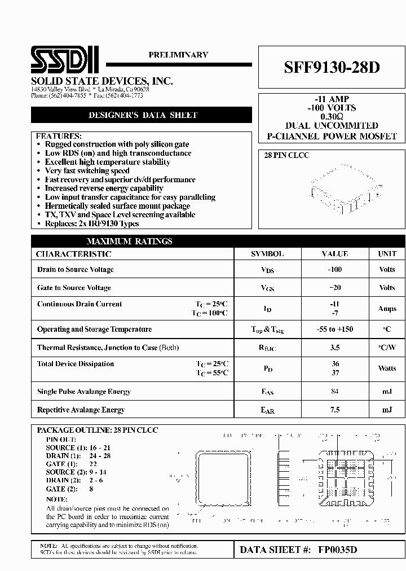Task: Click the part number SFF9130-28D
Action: coord(332,67)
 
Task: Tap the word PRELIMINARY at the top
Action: coord(178,55)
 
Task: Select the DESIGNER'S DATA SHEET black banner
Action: coord(143,115)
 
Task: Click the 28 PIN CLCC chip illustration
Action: coord(347,187)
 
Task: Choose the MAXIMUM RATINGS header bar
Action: coord(130,241)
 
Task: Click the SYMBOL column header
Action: coord(267,254)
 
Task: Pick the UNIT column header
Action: coord(387,254)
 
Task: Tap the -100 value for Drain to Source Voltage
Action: coord(335,270)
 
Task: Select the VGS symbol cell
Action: coord(267,288)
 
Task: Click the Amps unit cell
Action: coord(387,309)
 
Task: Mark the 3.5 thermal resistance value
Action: coord(335,348)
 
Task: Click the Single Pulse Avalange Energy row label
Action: coord(84,392)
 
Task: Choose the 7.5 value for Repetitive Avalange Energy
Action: coord(335,410)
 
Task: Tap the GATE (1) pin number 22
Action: coord(94,464)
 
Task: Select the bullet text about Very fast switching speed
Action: coord(87,171)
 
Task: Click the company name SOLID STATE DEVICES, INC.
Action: coord(102,81)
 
